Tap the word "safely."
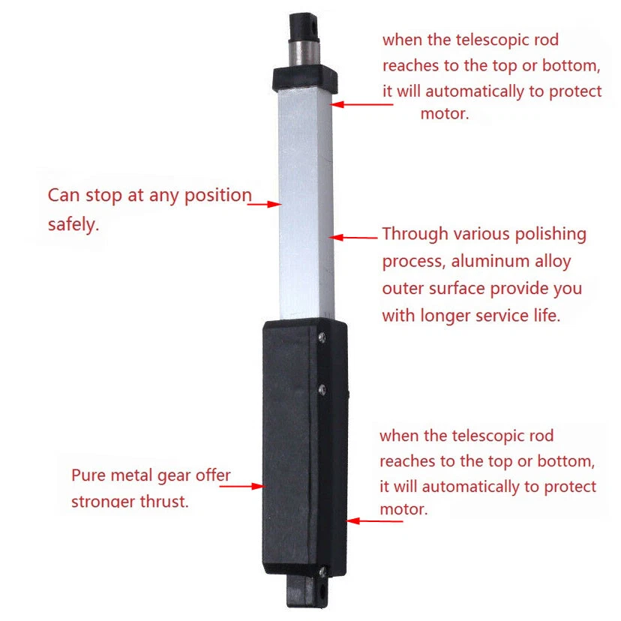tap(73, 224)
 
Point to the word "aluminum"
tap(481, 262)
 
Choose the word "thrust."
tap(162, 501)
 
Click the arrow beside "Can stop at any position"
tap(266, 203)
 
